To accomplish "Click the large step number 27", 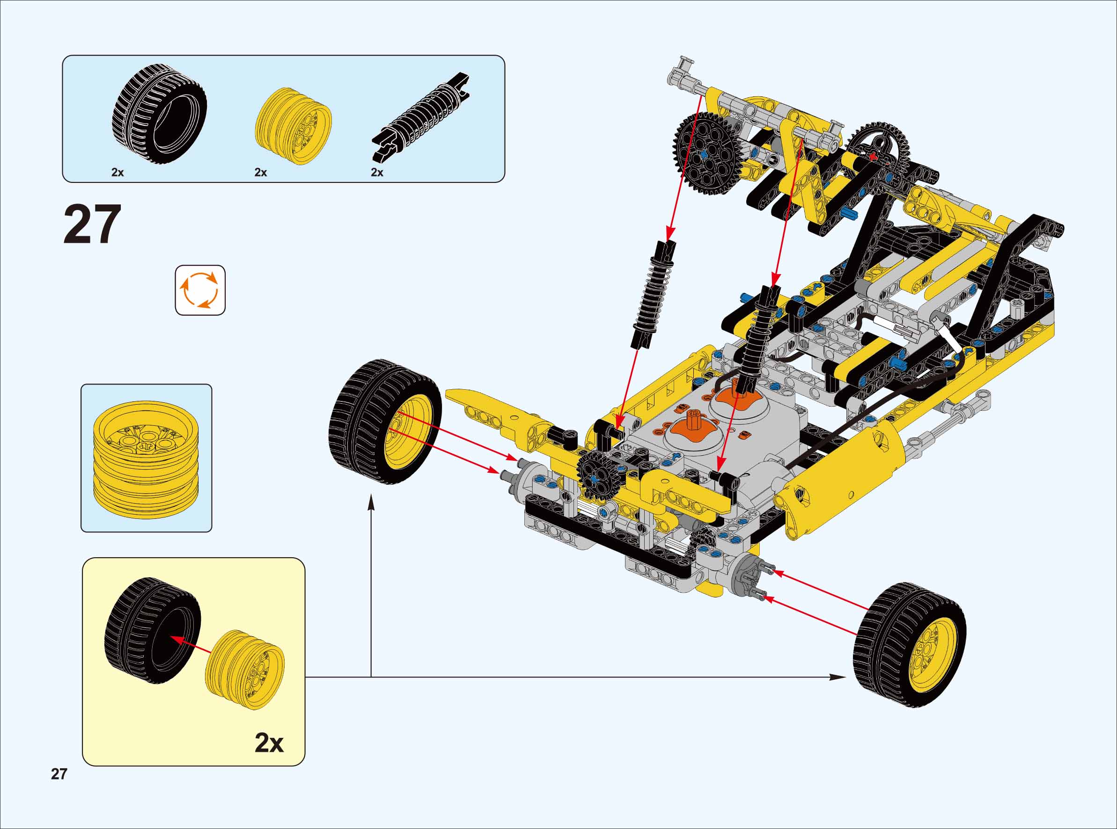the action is pyautogui.click(x=92, y=224).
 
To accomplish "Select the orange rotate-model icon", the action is pyautogui.click(x=200, y=290).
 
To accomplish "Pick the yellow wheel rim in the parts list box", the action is pyautogui.click(x=294, y=126).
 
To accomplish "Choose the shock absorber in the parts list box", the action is pyautogui.click(x=421, y=117).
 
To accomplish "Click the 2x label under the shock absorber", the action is pyautogui.click(x=377, y=173).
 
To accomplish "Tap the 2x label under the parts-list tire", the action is pyautogui.click(x=118, y=173).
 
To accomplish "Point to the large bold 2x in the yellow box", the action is pyautogui.click(x=269, y=743).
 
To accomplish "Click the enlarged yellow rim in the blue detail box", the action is pyautogui.click(x=146, y=458).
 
